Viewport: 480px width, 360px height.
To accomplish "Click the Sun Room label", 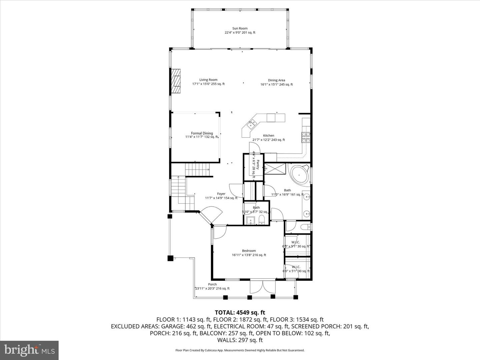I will click(x=240, y=29).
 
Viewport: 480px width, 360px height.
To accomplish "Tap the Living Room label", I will click(x=208, y=80).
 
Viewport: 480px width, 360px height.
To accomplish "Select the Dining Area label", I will click(x=276, y=80).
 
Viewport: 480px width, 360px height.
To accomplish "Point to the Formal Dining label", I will click(x=202, y=133).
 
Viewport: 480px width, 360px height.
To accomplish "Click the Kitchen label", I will click(x=268, y=136).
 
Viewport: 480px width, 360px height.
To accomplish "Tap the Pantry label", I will click(x=258, y=165).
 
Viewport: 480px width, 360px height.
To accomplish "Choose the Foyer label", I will click(x=221, y=194).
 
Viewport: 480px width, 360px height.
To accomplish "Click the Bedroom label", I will click(x=249, y=251).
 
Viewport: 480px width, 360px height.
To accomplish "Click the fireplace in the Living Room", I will click(x=176, y=81).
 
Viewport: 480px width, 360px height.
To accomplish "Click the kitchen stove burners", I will click(x=306, y=137).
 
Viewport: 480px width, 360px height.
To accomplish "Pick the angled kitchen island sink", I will click(x=251, y=124).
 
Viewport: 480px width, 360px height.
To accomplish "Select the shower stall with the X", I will click(x=275, y=168).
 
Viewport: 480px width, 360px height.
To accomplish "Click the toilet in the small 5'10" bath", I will click(x=262, y=220).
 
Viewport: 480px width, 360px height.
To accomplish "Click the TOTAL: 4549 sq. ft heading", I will click(x=240, y=313).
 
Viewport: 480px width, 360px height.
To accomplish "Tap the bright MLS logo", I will click(x=29, y=350).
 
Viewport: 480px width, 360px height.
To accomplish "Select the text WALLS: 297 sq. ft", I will click(x=240, y=340).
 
